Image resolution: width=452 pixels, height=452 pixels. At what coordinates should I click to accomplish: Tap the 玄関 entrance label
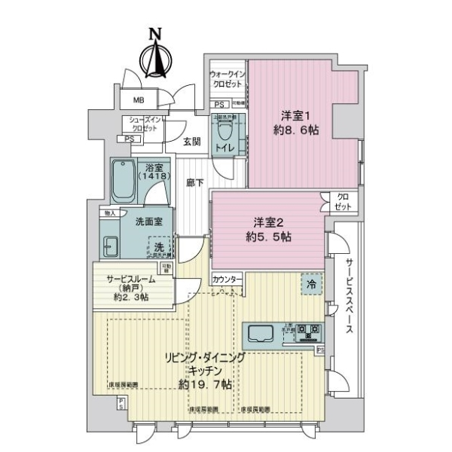(x=191, y=141)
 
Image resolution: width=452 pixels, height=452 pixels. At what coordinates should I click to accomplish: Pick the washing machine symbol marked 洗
(x=159, y=246)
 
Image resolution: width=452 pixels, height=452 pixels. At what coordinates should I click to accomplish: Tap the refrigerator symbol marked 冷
(x=310, y=284)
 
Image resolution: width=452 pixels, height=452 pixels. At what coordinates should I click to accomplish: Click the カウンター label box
(x=227, y=279)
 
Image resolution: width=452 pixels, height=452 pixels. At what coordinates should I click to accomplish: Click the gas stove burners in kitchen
(x=307, y=329)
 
